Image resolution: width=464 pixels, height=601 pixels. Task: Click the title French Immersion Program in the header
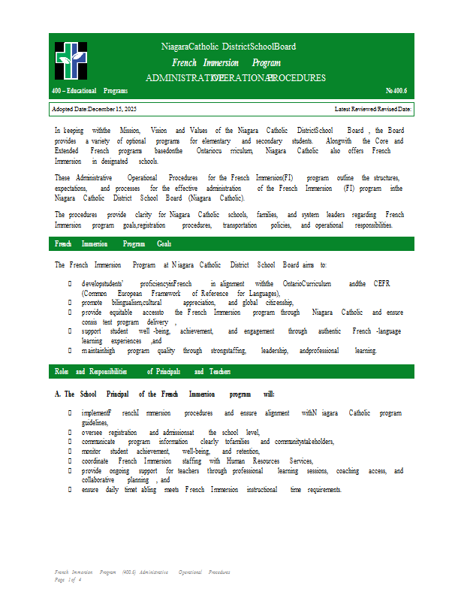pos(226,63)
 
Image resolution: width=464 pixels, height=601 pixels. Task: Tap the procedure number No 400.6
pos(396,91)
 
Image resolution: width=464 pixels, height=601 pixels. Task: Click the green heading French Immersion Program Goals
pos(113,244)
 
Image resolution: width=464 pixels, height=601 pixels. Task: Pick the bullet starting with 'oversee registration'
pos(170,433)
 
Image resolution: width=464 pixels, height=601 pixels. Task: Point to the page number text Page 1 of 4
pos(68,580)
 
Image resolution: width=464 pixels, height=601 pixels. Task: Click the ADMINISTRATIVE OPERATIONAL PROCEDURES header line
pos(235,78)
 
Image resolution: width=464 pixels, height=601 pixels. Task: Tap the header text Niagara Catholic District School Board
pos(228,47)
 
